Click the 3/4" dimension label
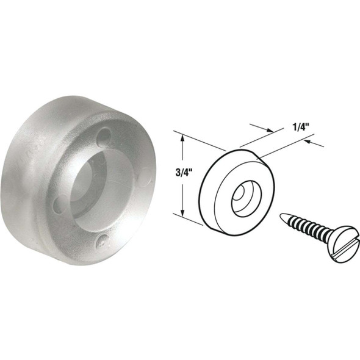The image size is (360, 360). click(165, 173)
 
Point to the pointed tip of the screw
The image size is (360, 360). click(281, 215)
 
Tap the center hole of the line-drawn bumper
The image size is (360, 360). click(240, 195)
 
